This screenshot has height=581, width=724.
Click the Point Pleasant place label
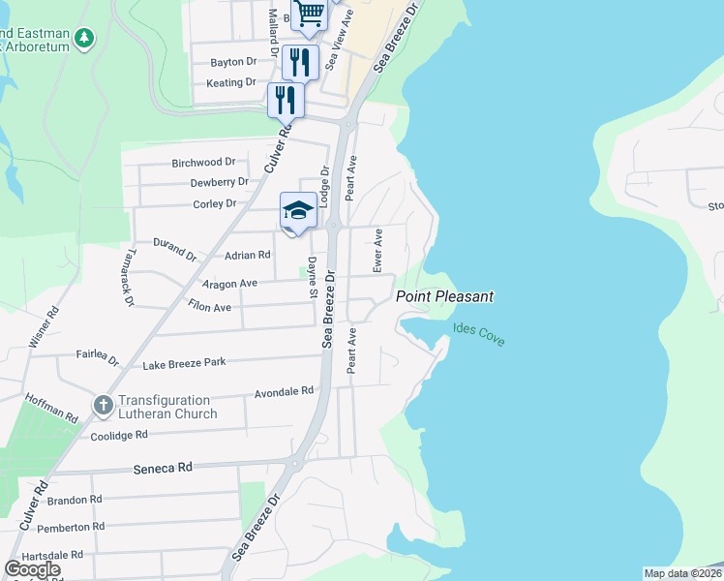click(x=444, y=296)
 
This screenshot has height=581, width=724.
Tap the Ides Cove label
click(x=478, y=335)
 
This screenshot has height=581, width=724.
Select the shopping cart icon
click(x=310, y=14)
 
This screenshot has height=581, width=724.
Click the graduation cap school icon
click(x=298, y=210)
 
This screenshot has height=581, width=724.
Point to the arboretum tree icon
click(x=86, y=38)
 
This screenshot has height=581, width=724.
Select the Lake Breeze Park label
click(x=183, y=363)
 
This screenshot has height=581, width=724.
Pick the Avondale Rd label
click(x=284, y=392)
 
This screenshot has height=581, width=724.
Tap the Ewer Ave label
click(x=378, y=250)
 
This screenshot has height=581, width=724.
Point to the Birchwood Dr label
click(x=203, y=163)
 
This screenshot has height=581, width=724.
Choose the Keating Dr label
click(x=230, y=83)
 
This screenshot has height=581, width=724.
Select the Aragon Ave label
click(x=228, y=284)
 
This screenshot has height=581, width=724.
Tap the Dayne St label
click(x=313, y=276)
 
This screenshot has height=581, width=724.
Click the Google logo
click(x=32, y=569)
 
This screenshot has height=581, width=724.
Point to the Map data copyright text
click(x=682, y=573)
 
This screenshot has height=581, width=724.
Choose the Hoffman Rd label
click(x=52, y=406)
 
